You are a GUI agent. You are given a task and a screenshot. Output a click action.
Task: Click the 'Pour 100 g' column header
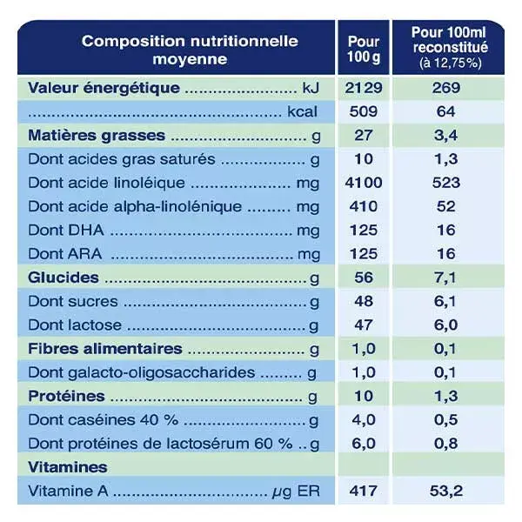point(363,50)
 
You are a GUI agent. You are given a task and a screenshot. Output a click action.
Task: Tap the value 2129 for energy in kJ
point(363,88)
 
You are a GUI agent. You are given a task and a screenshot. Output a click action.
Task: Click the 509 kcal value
point(363,111)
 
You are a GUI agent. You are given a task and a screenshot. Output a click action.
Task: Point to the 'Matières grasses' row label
point(97,136)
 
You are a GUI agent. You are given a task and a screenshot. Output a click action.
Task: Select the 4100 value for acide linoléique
point(363,183)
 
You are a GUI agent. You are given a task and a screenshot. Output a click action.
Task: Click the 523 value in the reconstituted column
point(446,183)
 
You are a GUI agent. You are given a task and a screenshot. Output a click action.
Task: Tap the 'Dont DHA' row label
point(66,231)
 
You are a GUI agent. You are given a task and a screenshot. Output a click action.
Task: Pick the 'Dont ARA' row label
point(65,254)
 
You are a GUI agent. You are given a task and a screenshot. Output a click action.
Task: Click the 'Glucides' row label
point(64,278)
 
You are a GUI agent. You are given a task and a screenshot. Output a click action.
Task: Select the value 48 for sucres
point(363,302)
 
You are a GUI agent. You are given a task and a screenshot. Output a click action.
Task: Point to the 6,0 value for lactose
point(445,325)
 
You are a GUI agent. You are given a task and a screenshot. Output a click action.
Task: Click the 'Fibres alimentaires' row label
point(105,349)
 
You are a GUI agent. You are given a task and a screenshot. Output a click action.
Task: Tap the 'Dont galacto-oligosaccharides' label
point(142,373)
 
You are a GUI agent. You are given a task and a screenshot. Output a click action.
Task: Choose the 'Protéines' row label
point(66,397)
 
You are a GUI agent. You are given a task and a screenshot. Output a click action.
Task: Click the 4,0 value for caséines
point(363,420)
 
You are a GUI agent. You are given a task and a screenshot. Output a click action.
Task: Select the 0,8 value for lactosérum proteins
point(445,444)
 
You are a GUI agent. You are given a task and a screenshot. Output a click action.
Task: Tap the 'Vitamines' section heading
point(68,467)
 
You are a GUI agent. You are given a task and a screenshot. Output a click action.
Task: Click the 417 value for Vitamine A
point(363,491)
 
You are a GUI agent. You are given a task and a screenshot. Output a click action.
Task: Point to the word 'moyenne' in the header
point(190,60)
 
